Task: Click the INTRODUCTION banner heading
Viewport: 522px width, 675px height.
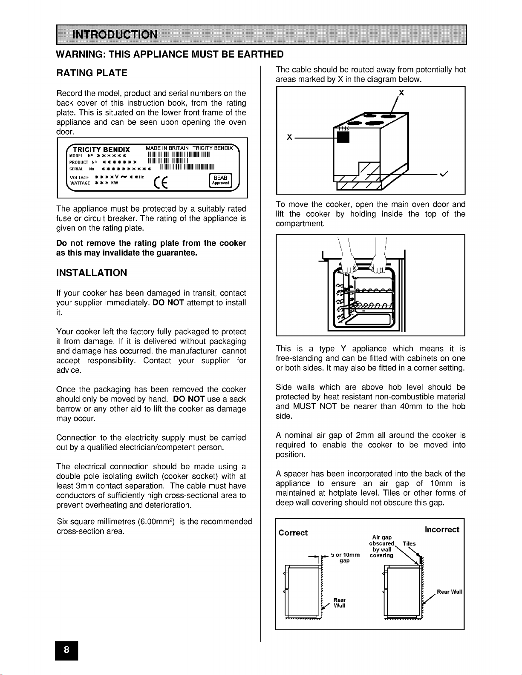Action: point(115,34)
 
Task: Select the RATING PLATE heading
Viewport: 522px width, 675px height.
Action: point(92,73)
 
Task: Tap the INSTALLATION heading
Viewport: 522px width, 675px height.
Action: point(92,273)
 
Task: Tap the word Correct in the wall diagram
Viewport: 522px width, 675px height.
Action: point(293,533)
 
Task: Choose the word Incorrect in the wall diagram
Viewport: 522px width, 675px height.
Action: point(442,529)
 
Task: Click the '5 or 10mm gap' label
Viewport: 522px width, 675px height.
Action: point(345,557)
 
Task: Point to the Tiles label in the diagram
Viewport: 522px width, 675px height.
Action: point(409,543)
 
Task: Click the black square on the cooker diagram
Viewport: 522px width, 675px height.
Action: point(343,137)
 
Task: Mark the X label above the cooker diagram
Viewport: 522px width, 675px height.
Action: point(401,93)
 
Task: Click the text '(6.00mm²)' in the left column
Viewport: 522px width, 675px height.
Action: point(158,522)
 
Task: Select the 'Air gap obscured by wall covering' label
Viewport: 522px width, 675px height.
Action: point(382,546)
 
